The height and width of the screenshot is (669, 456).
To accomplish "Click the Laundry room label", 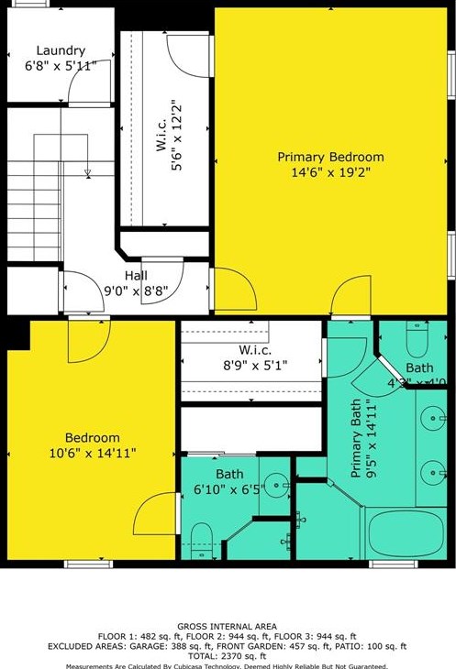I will point(61,50).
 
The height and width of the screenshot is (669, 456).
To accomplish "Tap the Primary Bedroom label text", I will point(330,158).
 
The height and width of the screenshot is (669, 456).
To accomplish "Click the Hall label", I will point(136,274).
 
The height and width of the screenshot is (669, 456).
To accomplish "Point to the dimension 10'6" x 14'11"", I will point(92,452).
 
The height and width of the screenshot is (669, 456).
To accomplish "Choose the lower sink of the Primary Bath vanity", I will point(430,474).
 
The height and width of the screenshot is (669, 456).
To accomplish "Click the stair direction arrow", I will point(87,172).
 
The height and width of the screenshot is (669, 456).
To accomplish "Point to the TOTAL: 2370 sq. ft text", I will point(228,655).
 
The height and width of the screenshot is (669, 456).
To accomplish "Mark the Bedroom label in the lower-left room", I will point(92,438).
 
